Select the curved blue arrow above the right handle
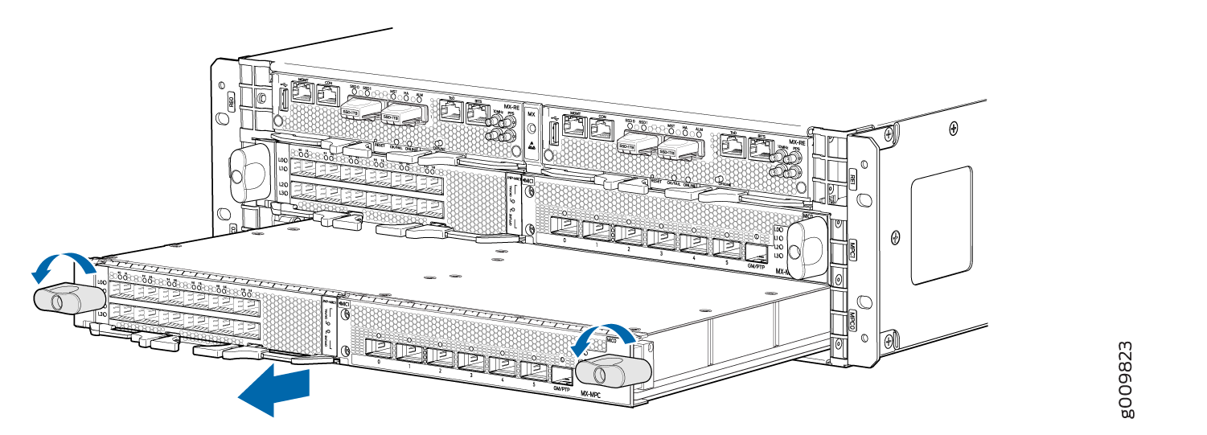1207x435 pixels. [603, 335]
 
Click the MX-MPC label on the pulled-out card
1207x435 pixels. [593, 396]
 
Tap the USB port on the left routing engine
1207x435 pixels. [283, 101]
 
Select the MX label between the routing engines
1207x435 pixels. [531, 115]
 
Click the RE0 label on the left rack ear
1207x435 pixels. [231, 101]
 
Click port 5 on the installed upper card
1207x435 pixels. [725, 247]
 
